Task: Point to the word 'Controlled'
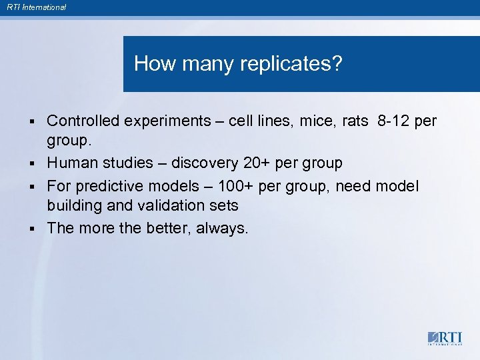(83, 121)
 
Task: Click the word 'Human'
(72, 163)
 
